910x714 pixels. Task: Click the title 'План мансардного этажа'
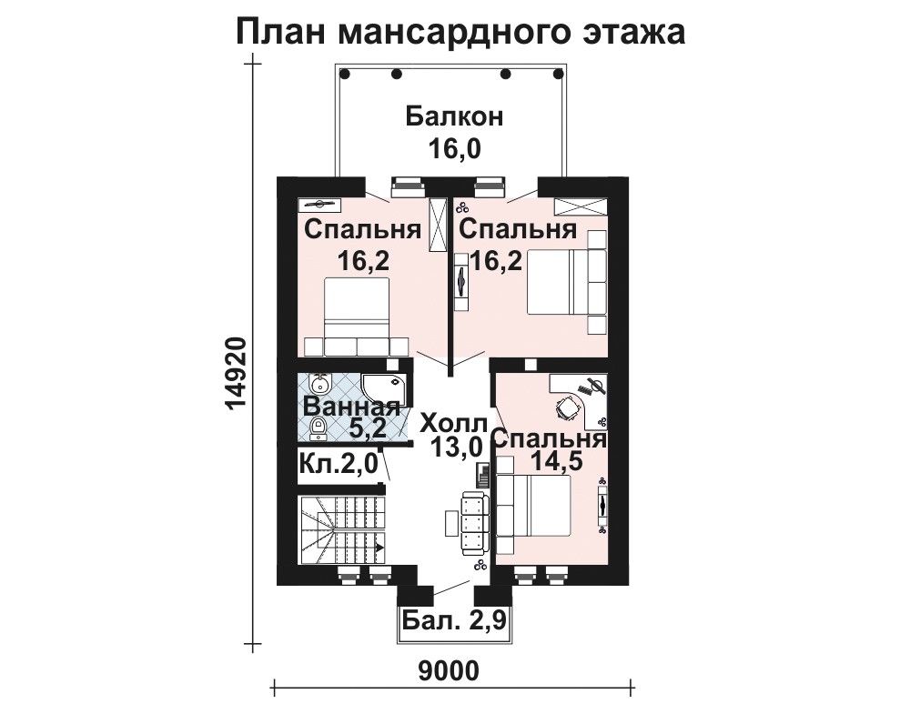(460, 31)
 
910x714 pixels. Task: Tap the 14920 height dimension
(237, 374)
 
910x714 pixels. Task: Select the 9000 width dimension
(449, 671)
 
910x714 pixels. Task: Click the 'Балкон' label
(454, 116)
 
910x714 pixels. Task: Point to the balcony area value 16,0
(454, 149)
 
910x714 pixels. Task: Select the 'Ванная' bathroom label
(352, 406)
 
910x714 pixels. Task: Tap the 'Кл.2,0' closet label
(339, 463)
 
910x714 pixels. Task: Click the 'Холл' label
(454, 422)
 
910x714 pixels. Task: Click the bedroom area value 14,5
(557, 462)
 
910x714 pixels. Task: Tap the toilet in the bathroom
(317, 427)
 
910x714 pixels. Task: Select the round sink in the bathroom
(318, 384)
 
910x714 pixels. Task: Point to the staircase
(342, 529)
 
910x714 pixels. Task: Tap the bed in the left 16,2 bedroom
(357, 317)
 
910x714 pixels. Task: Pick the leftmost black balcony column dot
(345, 75)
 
